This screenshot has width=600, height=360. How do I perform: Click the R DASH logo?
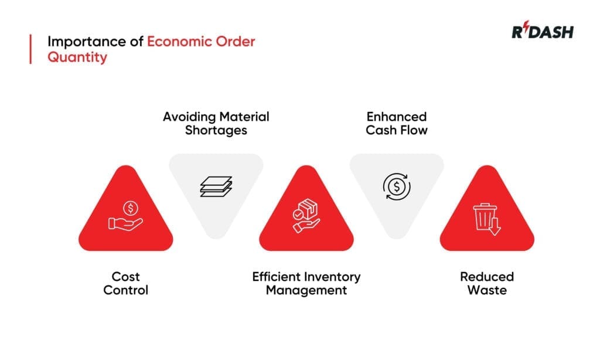point(542,32)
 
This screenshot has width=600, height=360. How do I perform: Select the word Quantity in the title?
point(77,57)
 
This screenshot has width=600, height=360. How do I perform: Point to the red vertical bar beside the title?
point(30,49)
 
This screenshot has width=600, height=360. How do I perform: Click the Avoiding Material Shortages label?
point(216,123)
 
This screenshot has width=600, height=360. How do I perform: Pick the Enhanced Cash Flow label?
point(397,123)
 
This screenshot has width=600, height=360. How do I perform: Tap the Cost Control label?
point(126,283)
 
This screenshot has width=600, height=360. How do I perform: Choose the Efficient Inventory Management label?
point(306,283)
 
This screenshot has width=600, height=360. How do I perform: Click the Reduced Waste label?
point(487,283)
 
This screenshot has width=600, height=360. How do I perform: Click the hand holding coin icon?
point(126,216)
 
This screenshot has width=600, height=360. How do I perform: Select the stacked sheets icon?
point(216,186)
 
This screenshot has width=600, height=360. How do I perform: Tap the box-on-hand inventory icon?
point(306,215)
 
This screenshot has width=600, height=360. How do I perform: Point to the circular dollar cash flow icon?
point(397,186)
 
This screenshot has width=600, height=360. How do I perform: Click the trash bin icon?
point(487,219)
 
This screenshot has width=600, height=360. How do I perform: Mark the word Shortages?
point(216,130)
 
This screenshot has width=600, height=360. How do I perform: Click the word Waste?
point(487,290)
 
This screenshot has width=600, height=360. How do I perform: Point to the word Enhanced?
point(397,116)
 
